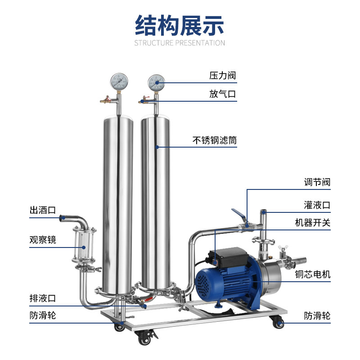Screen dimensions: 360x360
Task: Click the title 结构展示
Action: [180, 25]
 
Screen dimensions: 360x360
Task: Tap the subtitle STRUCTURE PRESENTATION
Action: [180, 43]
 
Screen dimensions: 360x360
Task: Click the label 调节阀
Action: [317, 182]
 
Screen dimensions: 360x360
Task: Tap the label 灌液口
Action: [317, 205]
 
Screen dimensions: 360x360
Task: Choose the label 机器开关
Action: [312, 223]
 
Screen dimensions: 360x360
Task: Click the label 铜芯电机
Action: [312, 274]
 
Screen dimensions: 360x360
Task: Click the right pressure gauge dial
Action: [156, 82]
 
